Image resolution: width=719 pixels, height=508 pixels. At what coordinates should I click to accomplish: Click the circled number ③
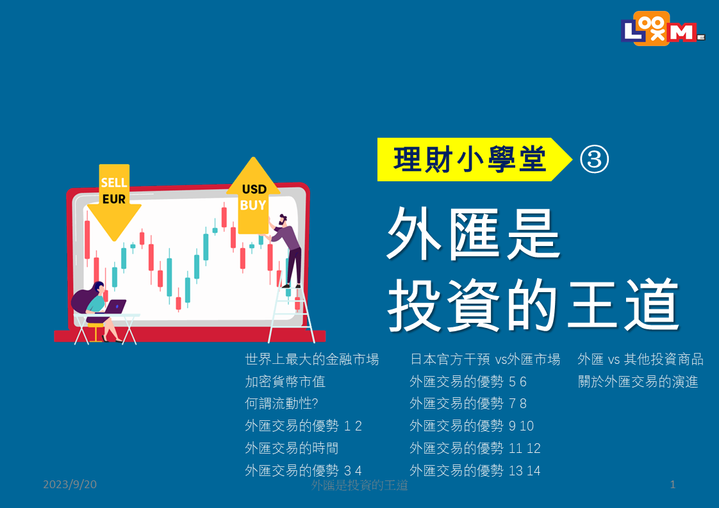point(594,160)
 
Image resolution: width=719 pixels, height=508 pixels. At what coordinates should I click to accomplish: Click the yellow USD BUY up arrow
point(253,196)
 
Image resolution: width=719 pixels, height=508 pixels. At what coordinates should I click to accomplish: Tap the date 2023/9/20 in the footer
point(70,484)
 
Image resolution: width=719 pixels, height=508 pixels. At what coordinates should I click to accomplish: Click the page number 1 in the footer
point(673,484)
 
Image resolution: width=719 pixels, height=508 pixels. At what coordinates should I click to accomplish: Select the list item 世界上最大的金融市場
point(312,359)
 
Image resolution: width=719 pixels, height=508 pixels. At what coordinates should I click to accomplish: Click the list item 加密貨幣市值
point(285,381)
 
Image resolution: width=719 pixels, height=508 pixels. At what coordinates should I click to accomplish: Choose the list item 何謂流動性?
point(281,404)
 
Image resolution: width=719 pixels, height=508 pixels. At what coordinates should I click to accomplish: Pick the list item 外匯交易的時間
point(292,448)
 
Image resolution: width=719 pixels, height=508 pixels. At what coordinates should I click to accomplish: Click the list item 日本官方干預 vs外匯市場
point(484,359)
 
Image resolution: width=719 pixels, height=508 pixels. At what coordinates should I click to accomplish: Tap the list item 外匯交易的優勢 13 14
point(475,470)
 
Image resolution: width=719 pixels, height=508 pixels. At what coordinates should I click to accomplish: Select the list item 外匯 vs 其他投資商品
point(641,359)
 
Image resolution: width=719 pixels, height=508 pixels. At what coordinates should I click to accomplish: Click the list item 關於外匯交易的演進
point(638,381)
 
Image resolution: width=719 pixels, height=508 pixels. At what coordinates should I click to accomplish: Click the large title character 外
point(413,233)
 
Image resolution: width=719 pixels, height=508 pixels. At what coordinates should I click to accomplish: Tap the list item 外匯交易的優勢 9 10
point(472,426)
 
